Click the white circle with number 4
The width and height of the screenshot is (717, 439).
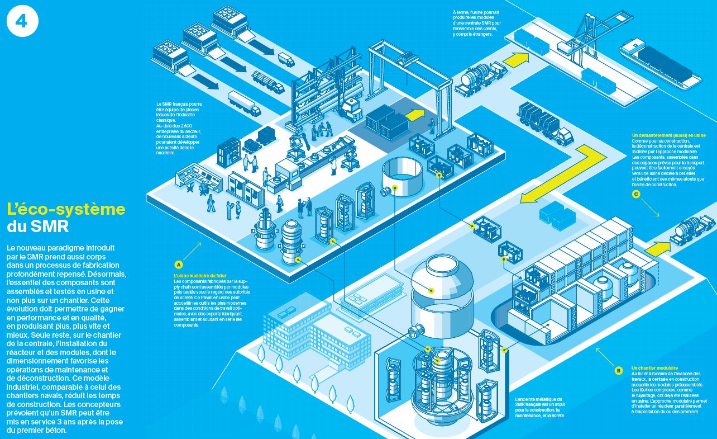(23, 22)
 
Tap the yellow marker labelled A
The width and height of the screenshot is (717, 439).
(179, 264)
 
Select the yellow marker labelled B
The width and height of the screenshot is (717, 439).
(618, 370)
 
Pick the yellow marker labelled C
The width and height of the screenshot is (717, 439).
(635, 194)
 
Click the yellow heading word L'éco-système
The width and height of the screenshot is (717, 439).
(66, 210)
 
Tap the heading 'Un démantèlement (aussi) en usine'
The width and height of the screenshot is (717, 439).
(668, 135)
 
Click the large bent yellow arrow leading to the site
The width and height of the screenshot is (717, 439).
(563, 173)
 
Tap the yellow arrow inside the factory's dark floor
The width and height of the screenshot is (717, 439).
(414, 115)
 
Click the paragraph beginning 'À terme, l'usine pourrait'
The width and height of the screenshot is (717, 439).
(477, 23)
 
